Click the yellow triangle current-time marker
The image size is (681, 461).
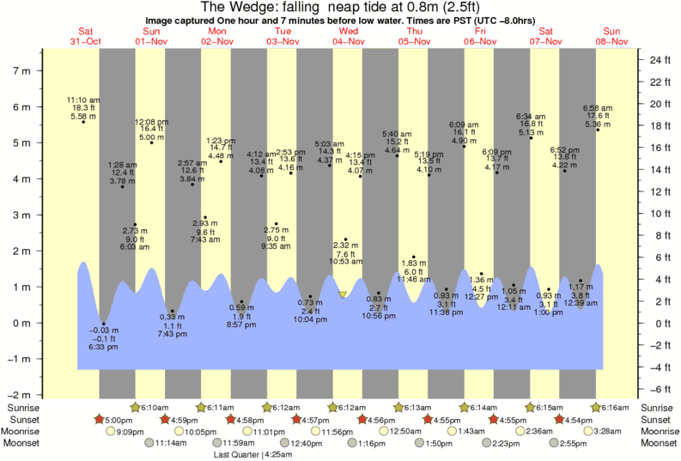click(x=343, y=294)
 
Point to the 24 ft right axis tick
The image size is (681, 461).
click(x=658, y=60)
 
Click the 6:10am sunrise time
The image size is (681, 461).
click(x=155, y=407)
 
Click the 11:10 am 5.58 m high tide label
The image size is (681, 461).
click(x=83, y=108)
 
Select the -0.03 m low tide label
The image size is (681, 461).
click(x=103, y=338)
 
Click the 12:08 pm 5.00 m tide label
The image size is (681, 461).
click(x=151, y=129)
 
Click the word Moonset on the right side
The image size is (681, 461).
click(x=659, y=444)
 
